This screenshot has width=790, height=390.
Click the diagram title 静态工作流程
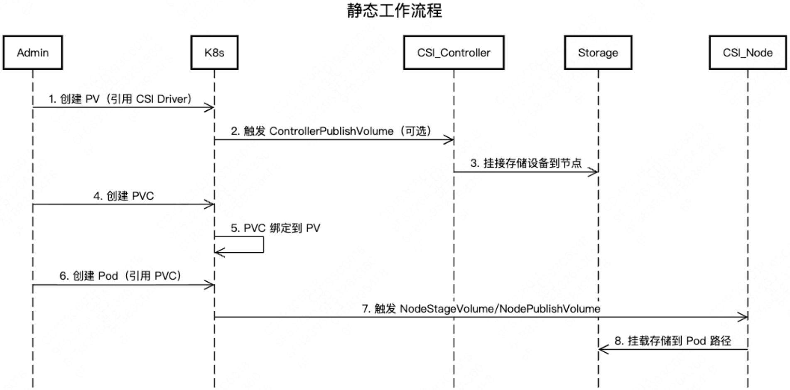tap(394, 11)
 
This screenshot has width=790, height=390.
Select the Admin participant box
tap(33, 53)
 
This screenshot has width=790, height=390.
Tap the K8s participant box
tap(214, 53)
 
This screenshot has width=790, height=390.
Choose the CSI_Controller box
tap(454, 53)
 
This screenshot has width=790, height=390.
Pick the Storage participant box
tap(598, 53)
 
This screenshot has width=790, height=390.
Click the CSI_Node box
tap(747, 53)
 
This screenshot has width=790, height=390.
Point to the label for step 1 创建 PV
tap(120, 99)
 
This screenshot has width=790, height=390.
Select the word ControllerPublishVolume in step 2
tap(331, 132)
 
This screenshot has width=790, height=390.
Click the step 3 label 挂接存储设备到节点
tap(526, 163)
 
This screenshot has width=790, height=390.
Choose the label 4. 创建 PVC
tap(123, 196)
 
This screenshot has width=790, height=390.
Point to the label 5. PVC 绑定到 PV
tap(275, 228)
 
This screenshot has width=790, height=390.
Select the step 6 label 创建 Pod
tap(120, 276)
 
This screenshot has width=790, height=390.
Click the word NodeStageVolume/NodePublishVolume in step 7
tap(500, 309)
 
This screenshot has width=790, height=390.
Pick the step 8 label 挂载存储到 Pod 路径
tap(672, 341)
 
